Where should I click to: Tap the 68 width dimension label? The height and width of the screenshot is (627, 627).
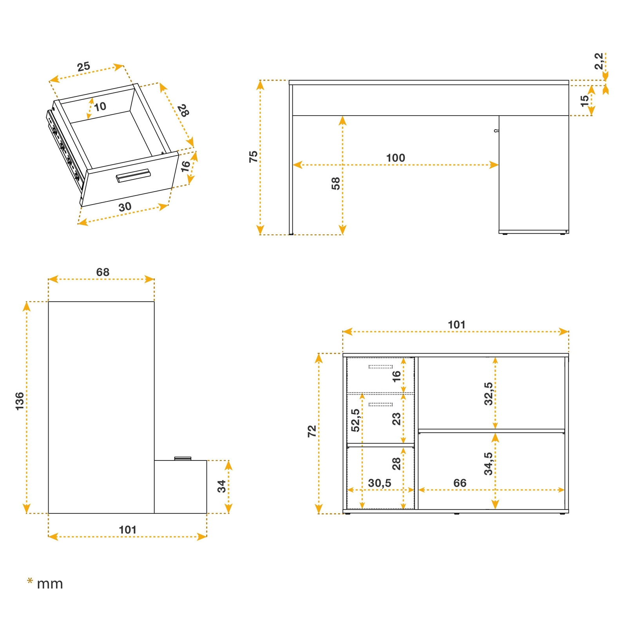(x=103, y=272)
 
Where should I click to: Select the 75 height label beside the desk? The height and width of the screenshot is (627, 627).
(x=254, y=156)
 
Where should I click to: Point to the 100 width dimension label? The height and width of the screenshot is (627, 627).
(x=395, y=158)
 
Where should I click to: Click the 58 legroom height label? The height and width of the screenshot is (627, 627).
(x=336, y=183)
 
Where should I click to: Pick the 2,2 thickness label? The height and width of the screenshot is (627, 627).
(x=599, y=61)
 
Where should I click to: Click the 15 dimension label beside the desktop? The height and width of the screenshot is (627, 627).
(x=584, y=101)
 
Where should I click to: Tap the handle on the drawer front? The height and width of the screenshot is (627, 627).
(x=133, y=176)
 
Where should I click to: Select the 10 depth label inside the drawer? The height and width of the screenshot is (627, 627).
(x=100, y=106)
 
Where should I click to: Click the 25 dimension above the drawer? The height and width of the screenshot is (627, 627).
(x=83, y=67)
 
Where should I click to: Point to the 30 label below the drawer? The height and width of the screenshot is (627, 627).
(x=125, y=207)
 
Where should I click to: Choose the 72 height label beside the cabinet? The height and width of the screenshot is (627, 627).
(x=312, y=431)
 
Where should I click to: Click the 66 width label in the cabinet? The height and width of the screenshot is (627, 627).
(x=460, y=483)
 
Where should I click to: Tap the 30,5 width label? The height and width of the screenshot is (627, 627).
(x=379, y=483)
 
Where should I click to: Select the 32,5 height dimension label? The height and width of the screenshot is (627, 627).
(x=488, y=393)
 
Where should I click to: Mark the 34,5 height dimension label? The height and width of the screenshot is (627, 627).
(x=488, y=464)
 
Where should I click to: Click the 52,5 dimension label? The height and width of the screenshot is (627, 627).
(x=355, y=420)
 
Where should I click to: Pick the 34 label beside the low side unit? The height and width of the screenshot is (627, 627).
(x=222, y=486)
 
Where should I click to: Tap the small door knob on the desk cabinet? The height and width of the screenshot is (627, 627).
(x=496, y=130)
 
